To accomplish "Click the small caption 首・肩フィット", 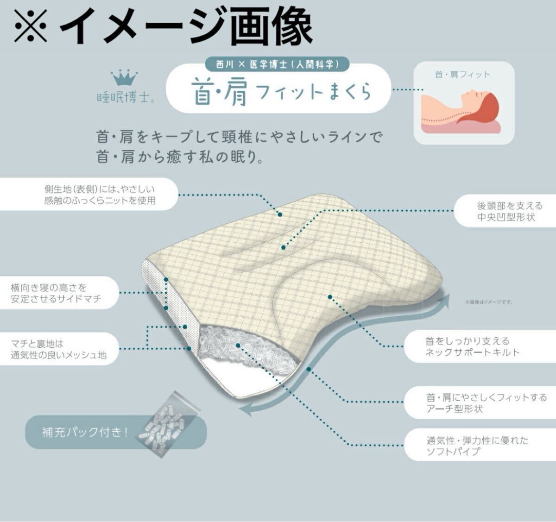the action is click(x=462, y=74).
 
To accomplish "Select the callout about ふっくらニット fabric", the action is click(x=100, y=195).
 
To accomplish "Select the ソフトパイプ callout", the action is click(x=477, y=446).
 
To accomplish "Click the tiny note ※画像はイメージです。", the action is click(x=489, y=302).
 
